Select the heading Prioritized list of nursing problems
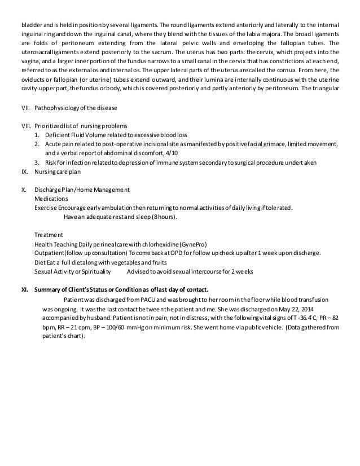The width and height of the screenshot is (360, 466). click(81, 125)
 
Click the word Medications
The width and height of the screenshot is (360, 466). click(51, 199)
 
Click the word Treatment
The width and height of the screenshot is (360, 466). click(49, 235)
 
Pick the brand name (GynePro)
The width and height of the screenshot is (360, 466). click(192, 244)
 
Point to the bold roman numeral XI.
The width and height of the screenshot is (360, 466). click(24, 290)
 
